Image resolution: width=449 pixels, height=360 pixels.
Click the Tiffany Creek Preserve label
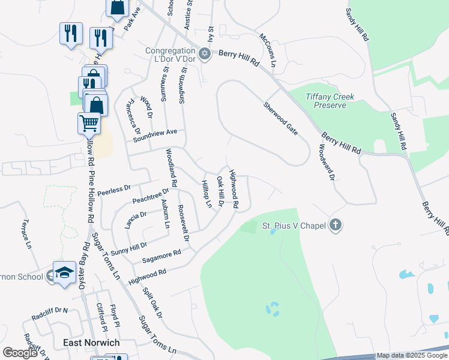[330, 101]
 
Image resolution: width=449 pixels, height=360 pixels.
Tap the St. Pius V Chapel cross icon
[336, 226]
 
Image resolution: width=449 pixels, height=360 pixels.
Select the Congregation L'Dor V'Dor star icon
[205, 54]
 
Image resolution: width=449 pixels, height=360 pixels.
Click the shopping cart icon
[89, 123]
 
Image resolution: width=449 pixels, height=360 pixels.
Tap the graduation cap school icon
[64, 272]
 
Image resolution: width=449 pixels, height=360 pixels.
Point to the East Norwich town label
[91, 343]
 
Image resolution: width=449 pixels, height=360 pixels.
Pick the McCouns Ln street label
[268, 50]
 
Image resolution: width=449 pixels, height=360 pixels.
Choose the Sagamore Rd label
[161, 257]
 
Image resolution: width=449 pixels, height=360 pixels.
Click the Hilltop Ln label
[206, 194]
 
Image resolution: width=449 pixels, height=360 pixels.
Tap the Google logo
[20, 353]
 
